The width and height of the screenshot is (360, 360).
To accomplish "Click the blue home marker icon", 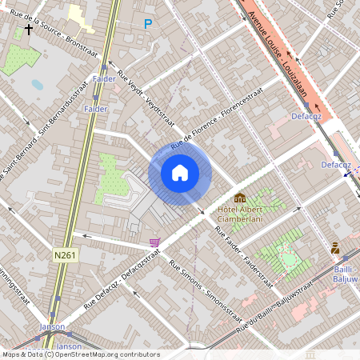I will pos(180,173).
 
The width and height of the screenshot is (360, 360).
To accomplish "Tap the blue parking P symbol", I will pos(147,25).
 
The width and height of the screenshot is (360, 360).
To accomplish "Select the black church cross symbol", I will pos(29,30).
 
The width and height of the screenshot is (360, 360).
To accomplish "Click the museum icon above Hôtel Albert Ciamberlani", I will pos(240,198).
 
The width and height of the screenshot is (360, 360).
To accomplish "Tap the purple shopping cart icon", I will pos(154,242).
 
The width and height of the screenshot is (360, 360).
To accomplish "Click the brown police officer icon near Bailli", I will pos(335,249).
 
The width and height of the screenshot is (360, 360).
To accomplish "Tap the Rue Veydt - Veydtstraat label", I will pos(146,101).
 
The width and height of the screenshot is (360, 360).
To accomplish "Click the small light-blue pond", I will pos(38,84).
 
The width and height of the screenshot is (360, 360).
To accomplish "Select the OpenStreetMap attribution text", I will pos(80,354).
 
